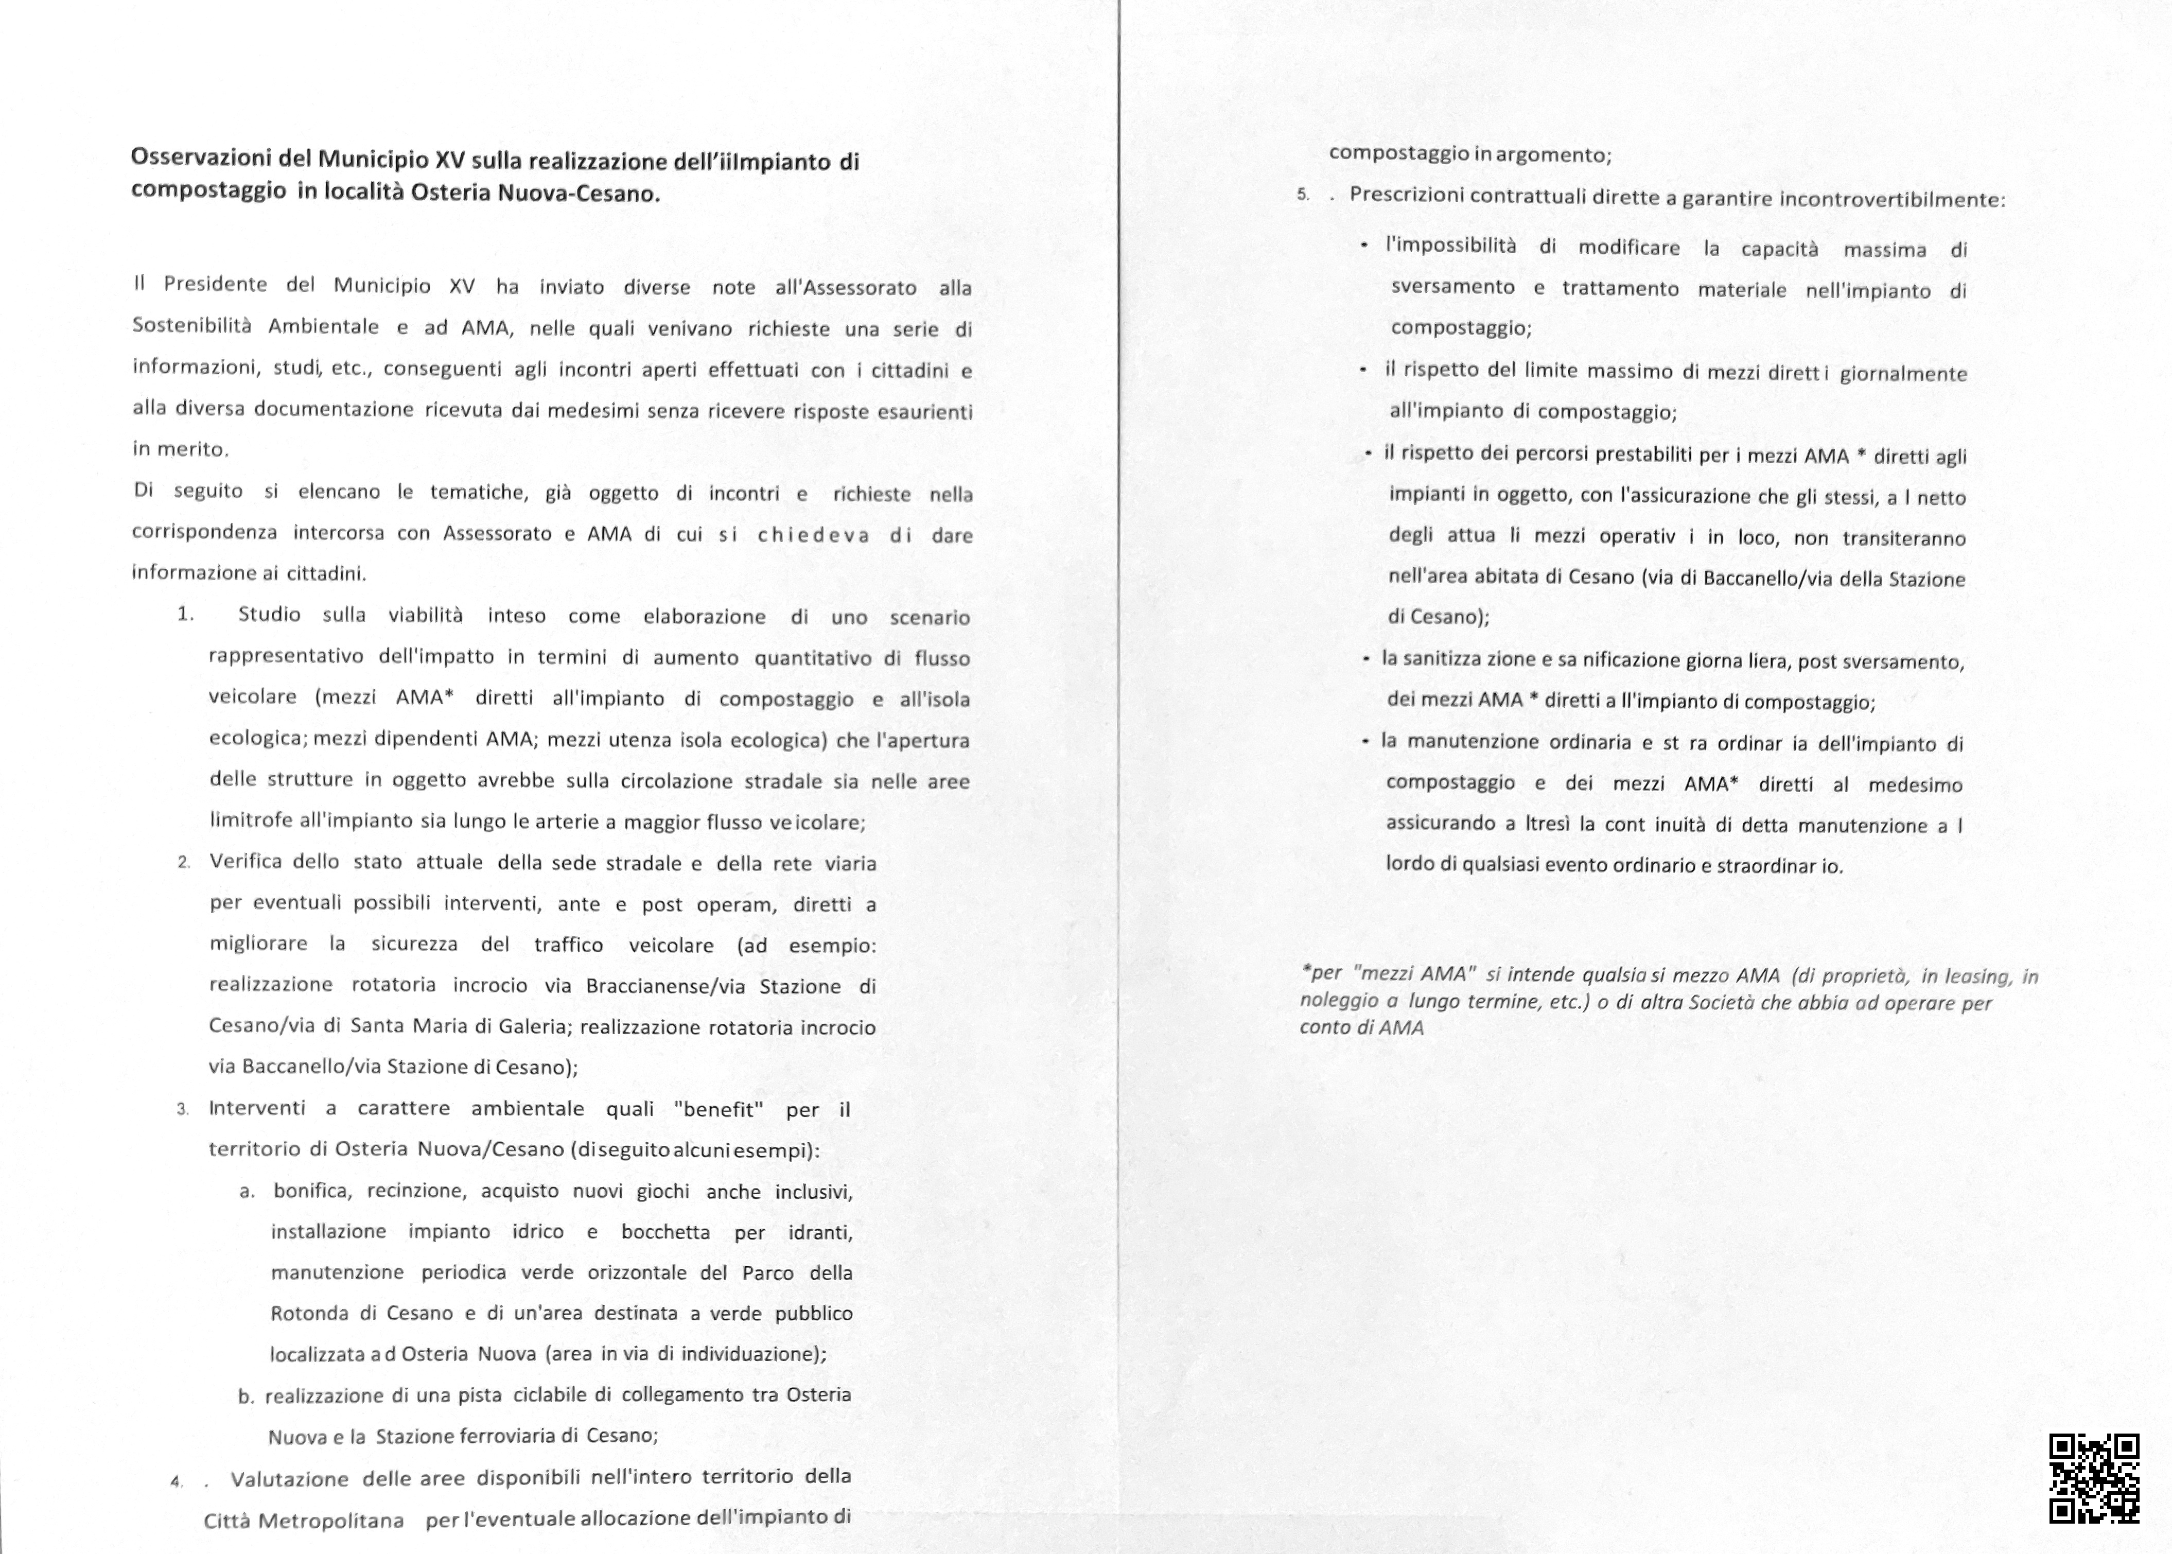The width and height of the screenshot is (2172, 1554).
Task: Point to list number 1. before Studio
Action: tap(186, 614)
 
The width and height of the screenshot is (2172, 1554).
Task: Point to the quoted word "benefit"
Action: tap(719, 1110)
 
